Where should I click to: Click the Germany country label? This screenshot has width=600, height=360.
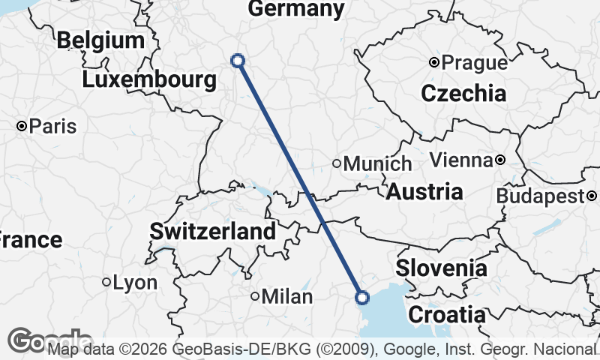pyautogui.click(x=296, y=9)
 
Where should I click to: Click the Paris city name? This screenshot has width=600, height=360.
pyautogui.click(x=53, y=126)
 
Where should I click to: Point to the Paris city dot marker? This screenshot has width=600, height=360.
pyautogui.click(x=22, y=126)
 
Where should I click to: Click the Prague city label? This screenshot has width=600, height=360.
pyautogui.click(x=474, y=63)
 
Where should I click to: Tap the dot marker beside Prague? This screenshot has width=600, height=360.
pyautogui.click(x=433, y=63)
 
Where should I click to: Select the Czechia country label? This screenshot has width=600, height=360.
pyautogui.click(x=463, y=94)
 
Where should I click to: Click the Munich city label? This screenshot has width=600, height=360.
pyautogui.click(x=378, y=163)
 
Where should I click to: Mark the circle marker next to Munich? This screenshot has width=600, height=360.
pyautogui.click(x=337, y=163)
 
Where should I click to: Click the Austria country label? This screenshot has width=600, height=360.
pyautogui.click(x=424, y=191)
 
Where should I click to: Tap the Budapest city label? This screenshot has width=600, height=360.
pyautogui.click(x=540, y=196)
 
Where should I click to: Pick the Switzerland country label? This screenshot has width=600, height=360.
pyautogui.click(x=213, y=232)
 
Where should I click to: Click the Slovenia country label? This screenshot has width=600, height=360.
pyautogui.click(x=442, y=268)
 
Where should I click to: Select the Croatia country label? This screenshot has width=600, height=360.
pyautogui.click(x=447, y=313)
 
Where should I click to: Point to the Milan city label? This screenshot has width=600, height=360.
pyautogui.click(x=286, y=297)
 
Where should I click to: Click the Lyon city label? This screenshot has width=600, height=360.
pyautogui.click(x=135, y=283)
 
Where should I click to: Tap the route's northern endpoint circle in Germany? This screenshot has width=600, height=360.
pyautogui.click(x=238, y=61)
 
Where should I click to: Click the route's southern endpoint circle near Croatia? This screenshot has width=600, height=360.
pyautogui.click(x=362, y=298)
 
